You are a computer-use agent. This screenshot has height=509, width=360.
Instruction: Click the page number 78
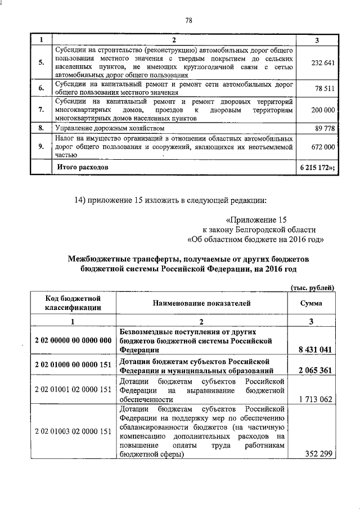[189, 21]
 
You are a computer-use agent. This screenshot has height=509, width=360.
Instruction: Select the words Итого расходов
[82, 167]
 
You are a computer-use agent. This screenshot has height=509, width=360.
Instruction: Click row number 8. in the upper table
[41, 128]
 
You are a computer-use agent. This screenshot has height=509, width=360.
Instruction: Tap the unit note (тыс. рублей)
[312, 287]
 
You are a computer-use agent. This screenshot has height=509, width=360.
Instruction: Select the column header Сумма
[311, 303]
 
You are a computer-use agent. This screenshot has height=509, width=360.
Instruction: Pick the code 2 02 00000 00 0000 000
[74, 340]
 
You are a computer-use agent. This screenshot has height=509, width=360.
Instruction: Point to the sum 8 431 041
[313, 349]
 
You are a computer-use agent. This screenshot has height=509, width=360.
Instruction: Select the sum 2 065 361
[313, 371]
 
